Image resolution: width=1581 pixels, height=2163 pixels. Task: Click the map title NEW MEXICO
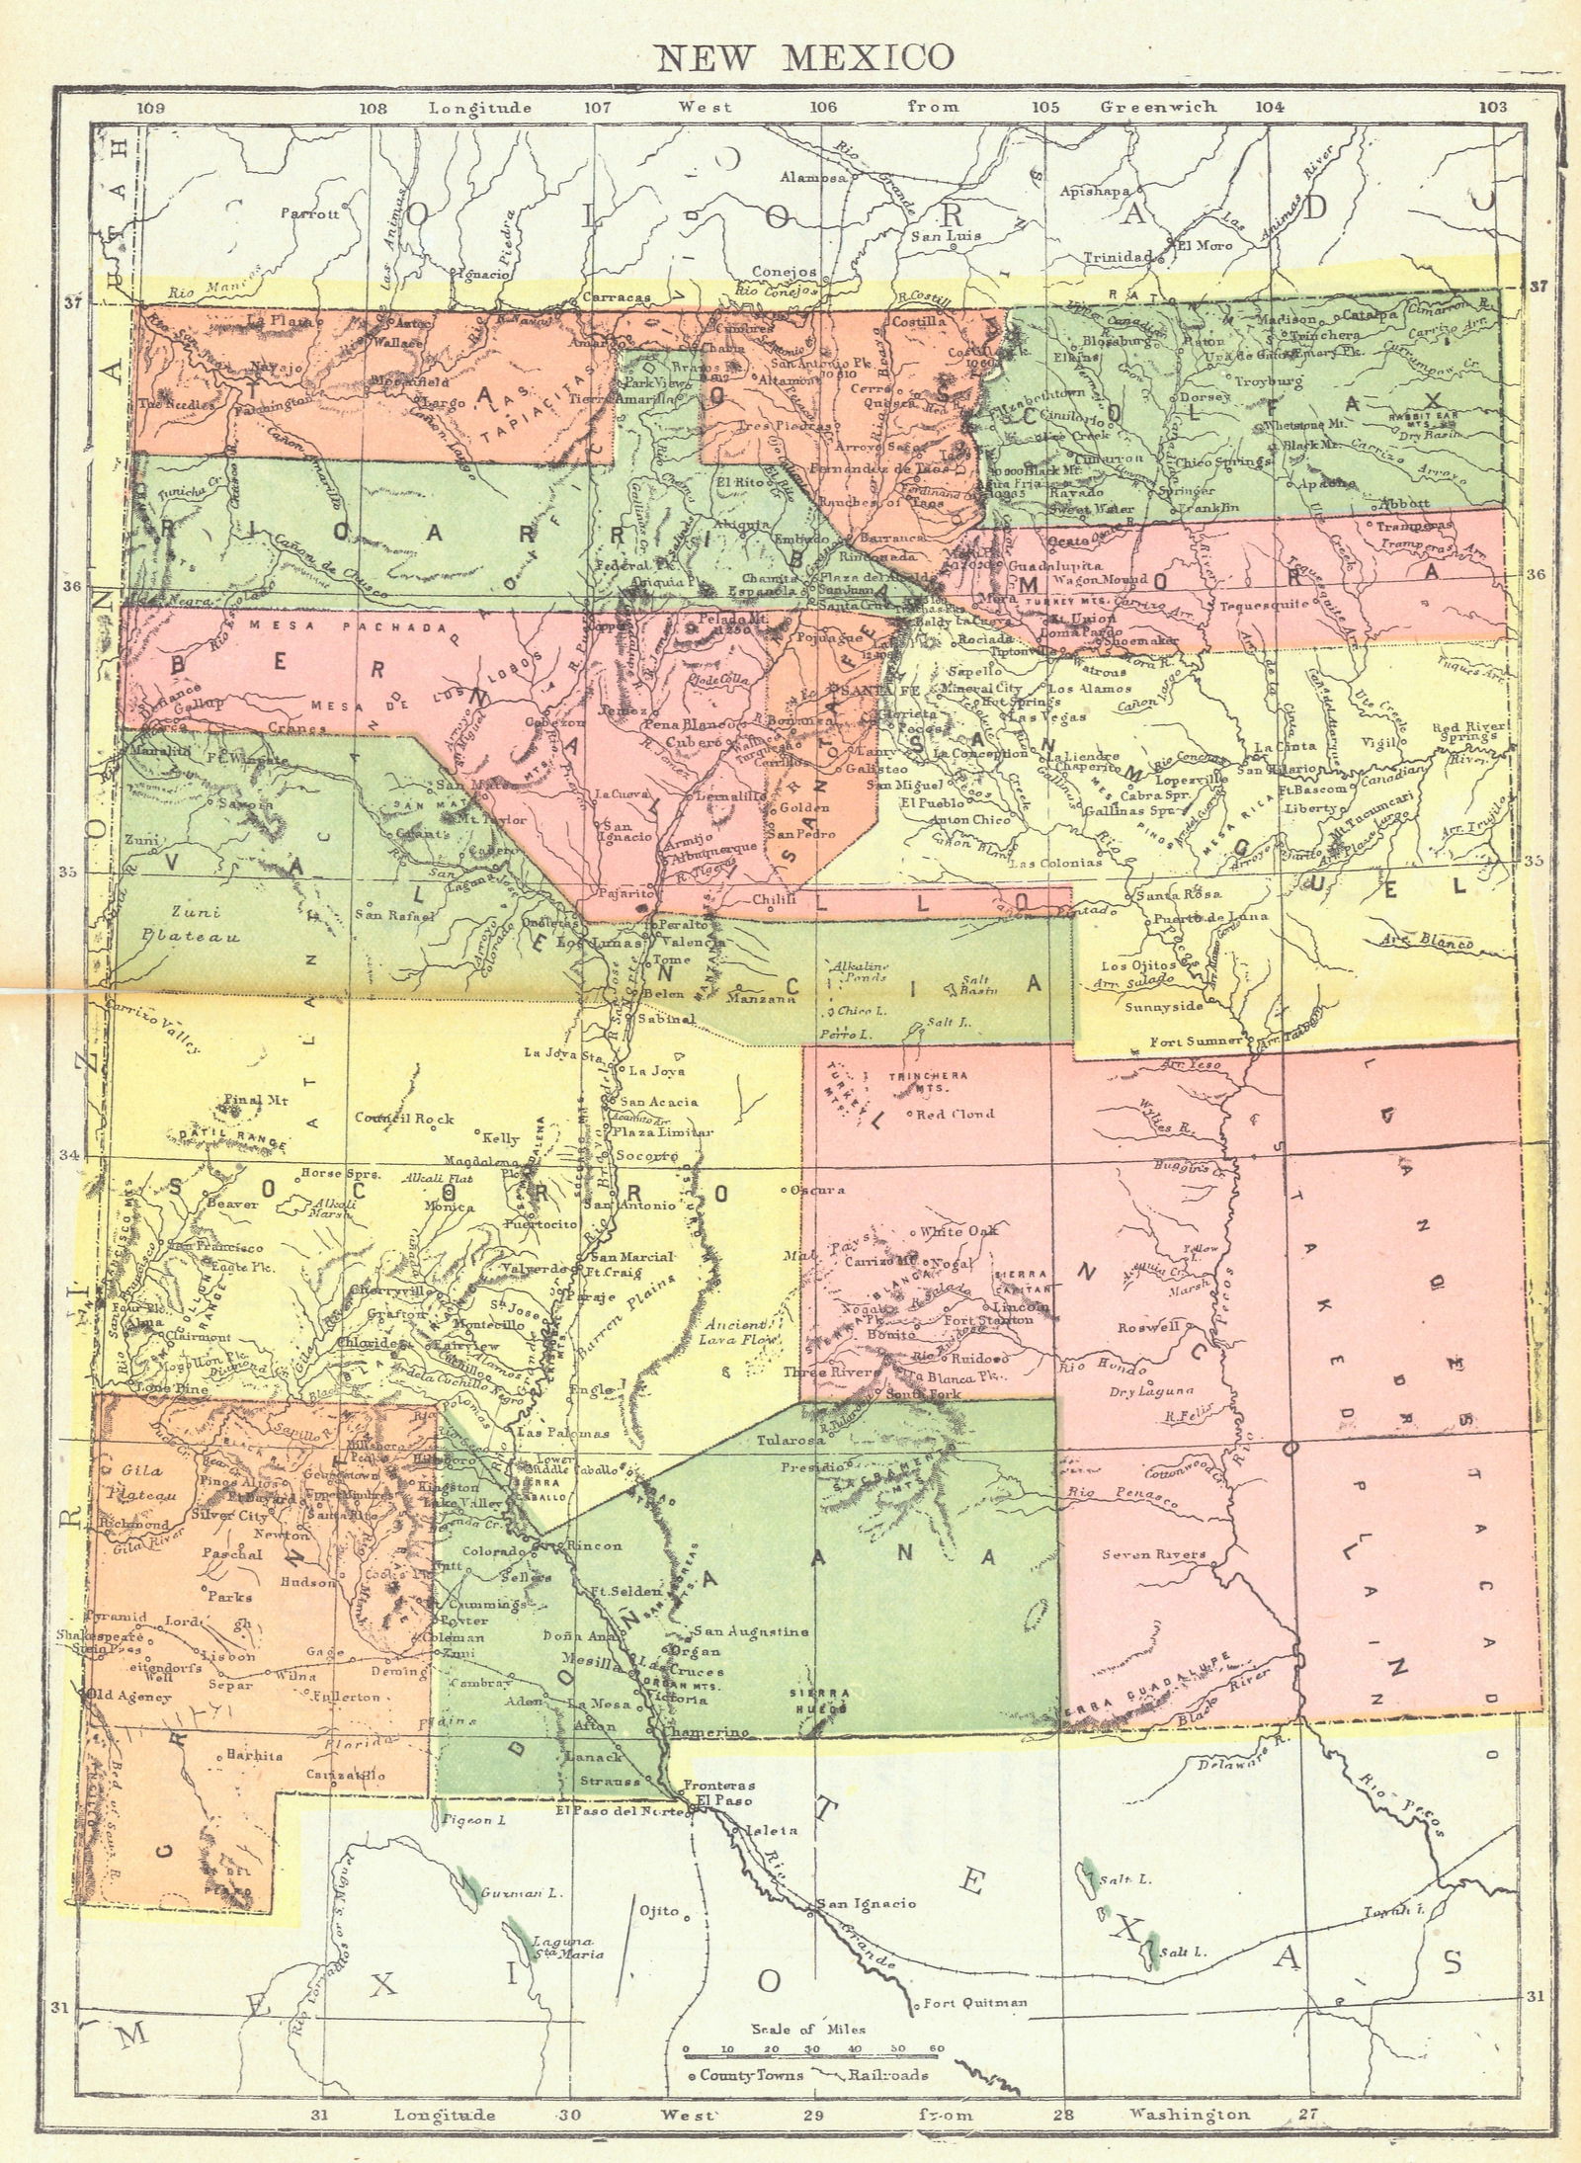[805, 57]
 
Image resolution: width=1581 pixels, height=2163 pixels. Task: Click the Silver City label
[230, 1515]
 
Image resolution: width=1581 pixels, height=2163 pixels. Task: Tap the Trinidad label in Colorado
[1118, 257]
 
